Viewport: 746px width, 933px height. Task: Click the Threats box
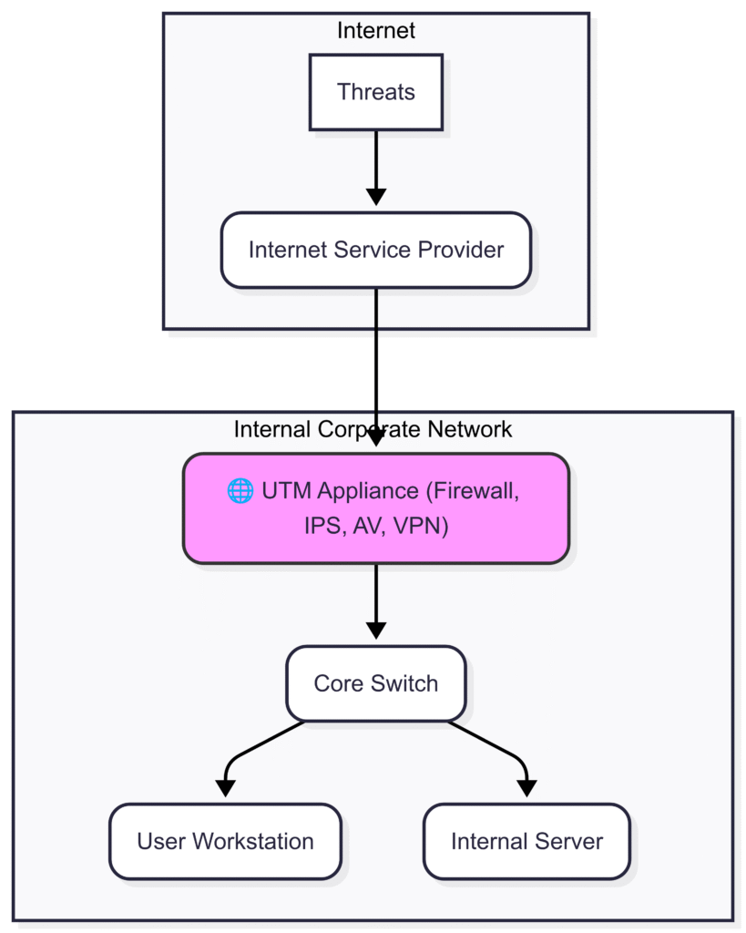[376, 92]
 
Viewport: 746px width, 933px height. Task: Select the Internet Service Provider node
[376, 250]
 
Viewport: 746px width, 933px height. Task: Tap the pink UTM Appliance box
[376, 508]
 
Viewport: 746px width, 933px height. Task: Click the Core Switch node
[376, 683]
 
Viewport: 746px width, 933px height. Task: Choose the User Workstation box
[226, 841]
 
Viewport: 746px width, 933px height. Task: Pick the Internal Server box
[526, 841]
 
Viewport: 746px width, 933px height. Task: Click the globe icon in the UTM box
[240, 491]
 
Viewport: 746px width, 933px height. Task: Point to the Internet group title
[376, 30]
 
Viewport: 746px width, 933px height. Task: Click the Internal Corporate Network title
[373, 429]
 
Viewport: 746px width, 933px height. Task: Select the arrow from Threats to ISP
[376, 169]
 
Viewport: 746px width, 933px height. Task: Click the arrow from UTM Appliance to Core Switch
[376, 601]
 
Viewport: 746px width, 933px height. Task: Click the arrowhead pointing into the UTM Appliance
[376, 438]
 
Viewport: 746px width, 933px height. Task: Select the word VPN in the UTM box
[421, 526]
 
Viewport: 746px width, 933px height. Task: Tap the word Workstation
[253, 841]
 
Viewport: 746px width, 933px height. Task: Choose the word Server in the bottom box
[569, 841]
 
